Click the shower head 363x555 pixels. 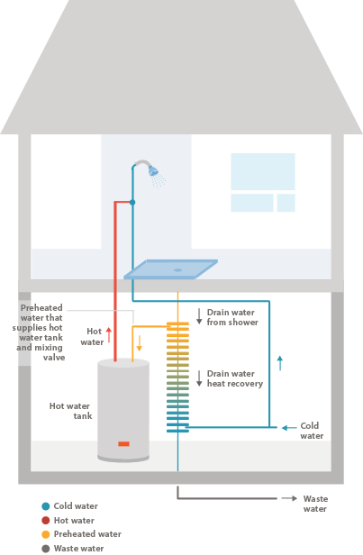[x=153, y=170]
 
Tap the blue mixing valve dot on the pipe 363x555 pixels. [x=132, y=203]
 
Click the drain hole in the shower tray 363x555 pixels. [x=177, y=270]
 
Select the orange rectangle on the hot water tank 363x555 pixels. [x=123, y=444]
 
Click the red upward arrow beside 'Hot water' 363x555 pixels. [x=109, y=335]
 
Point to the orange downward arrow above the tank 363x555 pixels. [x=139, y=343]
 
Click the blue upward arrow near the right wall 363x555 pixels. [x=280, y=363]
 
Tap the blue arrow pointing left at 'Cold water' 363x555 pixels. [x=289, y=428]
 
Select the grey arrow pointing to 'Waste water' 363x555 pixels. [x=289, y=498]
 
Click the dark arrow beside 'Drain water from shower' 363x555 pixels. [x=199, y=316]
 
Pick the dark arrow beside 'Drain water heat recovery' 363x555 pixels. [x=199, y=378]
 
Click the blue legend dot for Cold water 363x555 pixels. [x=46, y=506]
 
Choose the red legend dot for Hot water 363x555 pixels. [x=46, y=521]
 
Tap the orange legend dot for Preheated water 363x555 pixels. [x=46, y=534]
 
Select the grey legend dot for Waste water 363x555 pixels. [x=46, y=549]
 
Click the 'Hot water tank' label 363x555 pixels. [x=70, y=411]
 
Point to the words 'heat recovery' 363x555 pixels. [x=235, y=384]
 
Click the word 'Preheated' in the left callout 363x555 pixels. [x=41, y=307]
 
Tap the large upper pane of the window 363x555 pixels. [x=263, y=171]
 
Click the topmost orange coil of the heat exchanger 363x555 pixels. [x=177, y=323]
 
